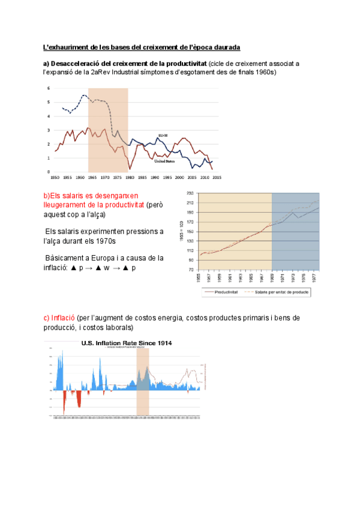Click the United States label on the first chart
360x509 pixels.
click(164, 161)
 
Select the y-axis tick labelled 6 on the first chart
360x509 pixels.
click(48, 88)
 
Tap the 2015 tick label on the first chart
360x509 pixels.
click(217, 178)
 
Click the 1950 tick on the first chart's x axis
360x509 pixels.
click(54, 178)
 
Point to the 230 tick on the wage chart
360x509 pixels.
click(190, 193)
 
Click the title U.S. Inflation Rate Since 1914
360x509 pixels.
click(127, 343)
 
